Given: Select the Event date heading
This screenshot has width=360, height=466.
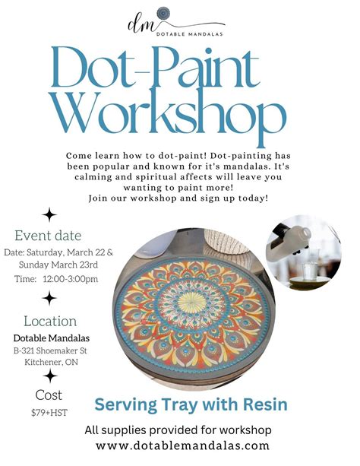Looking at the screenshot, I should click(48, 236).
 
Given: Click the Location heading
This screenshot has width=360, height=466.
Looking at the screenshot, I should click(50, 321).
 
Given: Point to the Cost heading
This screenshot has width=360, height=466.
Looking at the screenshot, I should click(49, 395).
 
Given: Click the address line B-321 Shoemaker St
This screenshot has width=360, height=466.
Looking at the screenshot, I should click(51, 350).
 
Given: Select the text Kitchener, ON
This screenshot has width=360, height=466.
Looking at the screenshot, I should click(50, 363).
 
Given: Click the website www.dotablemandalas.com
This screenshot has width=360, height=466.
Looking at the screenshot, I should click(183, 445).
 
